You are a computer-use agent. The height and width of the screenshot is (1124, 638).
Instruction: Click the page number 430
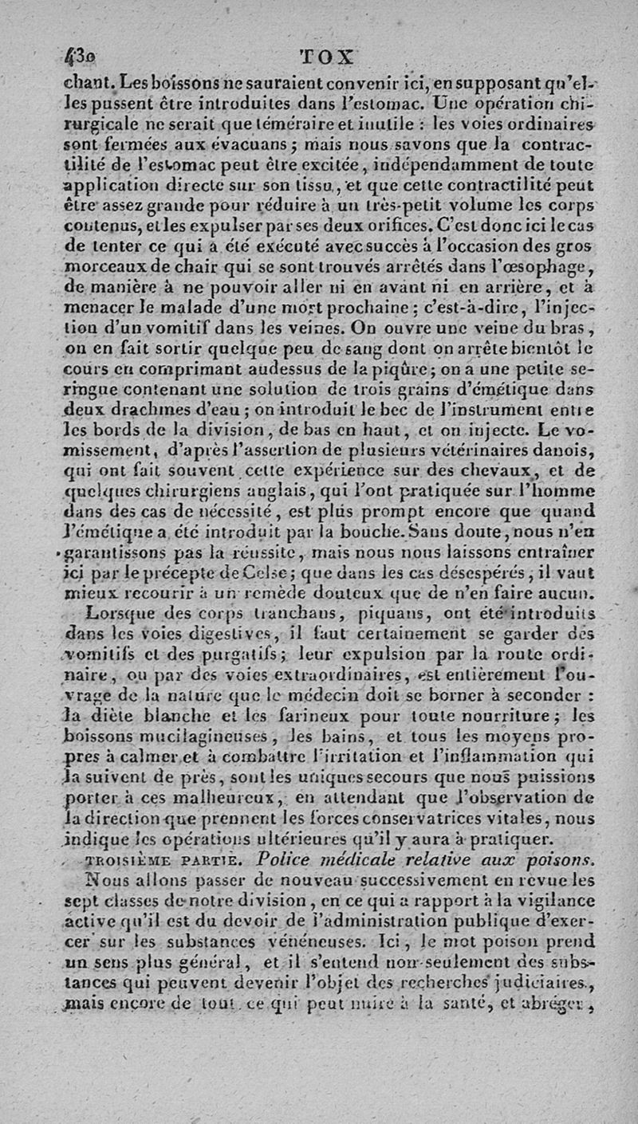[77, 57]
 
